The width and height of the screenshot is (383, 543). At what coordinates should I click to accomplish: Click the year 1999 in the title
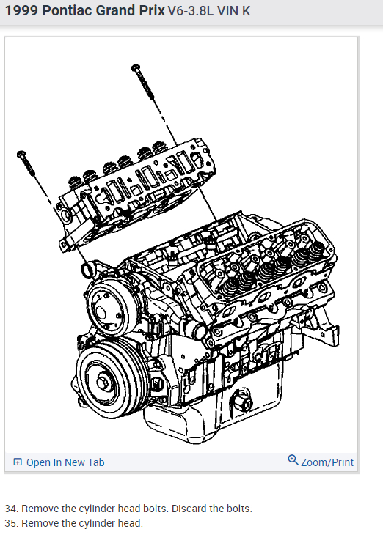(x=21, y=11)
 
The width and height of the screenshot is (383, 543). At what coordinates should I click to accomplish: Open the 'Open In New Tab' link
(x=65, y=462)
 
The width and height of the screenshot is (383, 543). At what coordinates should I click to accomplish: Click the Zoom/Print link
(x=327, y=462)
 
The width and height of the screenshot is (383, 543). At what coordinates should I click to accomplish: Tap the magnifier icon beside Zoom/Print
(x=293, y=460)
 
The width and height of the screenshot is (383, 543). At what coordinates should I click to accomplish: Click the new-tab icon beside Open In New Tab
(x=18, y=462)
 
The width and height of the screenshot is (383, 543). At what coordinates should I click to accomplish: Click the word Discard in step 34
(x=189, y=509)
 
